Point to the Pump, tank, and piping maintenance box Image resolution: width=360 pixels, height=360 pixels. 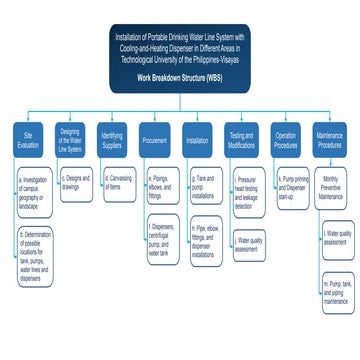[x=337, y=297]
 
